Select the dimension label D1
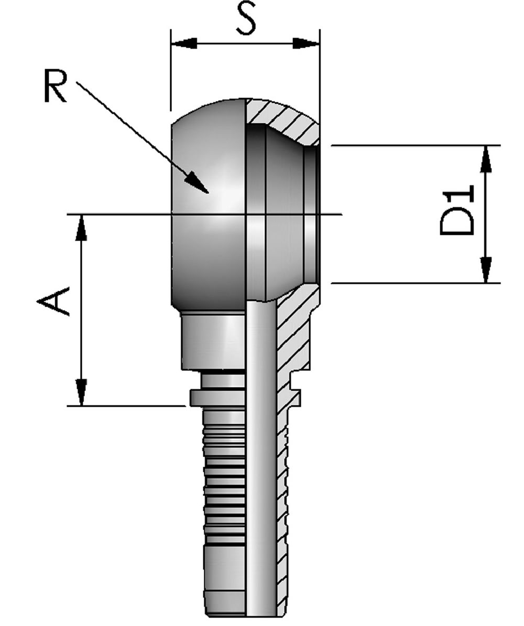coord(457,210)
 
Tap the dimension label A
coord(53,301)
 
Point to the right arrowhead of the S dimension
coord(307,43)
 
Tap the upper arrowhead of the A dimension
coord(81,228)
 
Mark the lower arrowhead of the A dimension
coord(81,392)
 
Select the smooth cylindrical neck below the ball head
coord(213,341)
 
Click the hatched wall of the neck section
coord(293,336)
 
